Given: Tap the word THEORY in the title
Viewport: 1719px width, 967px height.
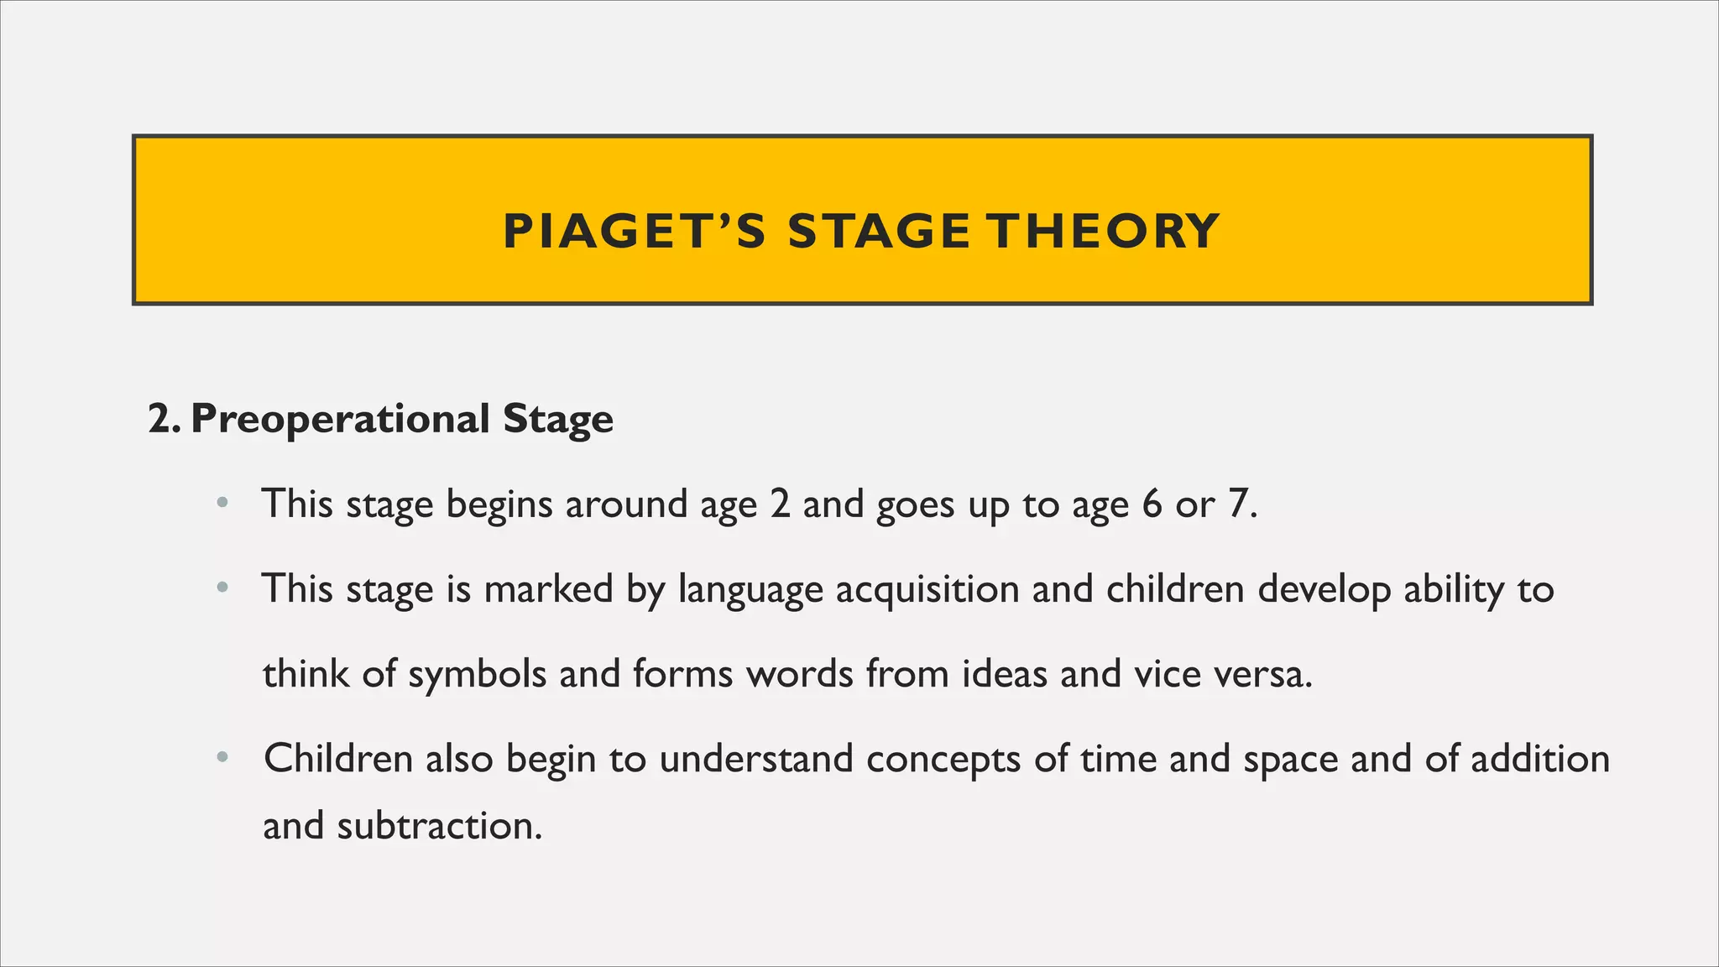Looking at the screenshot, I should tap(1102, 232).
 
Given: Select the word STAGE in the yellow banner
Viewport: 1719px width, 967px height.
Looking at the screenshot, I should tap(879, 232).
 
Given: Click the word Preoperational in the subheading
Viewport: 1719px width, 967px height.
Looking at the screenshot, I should tap(340, 419).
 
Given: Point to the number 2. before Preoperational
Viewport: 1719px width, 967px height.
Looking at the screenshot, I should tap(163, 419).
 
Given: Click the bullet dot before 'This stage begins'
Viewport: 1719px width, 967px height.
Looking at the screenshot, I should tap(222, 504).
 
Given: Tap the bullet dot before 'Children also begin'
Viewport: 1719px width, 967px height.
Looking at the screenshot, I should tap(222, 759).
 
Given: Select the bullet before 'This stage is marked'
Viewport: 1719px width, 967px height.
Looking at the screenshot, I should tap(222, 589).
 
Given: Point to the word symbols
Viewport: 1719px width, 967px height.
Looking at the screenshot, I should tap(477, 675).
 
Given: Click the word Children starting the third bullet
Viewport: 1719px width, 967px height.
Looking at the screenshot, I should tap(338, 759).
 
